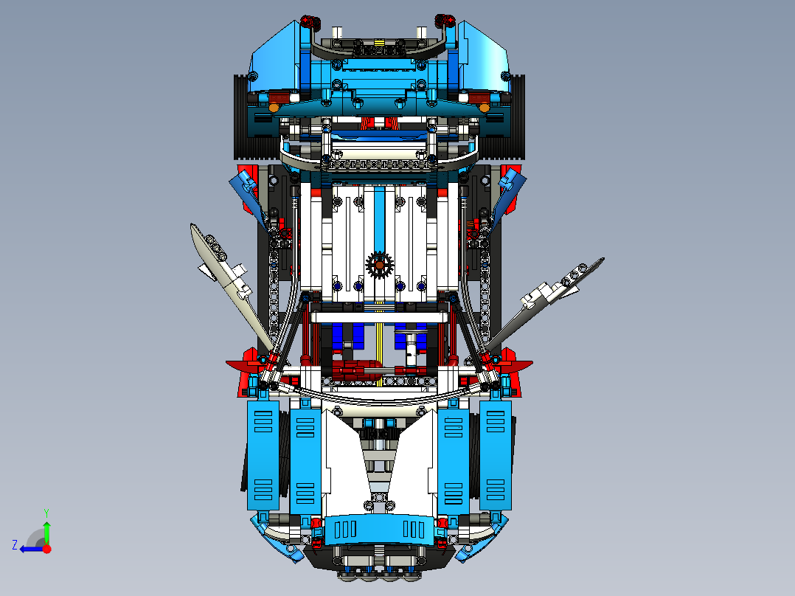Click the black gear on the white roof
pyautogui.click(x=379, y=265)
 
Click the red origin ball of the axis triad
pyautogui.click(x=47, y=549)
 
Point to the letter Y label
pyautogui.click(x=46, y=512)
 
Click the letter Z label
pyautogui.click(x=15, y=545)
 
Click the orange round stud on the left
pyautogui.click(x=274, y=108)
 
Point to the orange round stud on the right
pyautogui.click(x=484, y=108)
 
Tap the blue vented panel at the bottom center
pyautogui.click(x=379, y=528)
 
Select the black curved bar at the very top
pyautogui.click(x=379, y=52)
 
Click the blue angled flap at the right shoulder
pyautogui.click(x=510, y=188)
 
